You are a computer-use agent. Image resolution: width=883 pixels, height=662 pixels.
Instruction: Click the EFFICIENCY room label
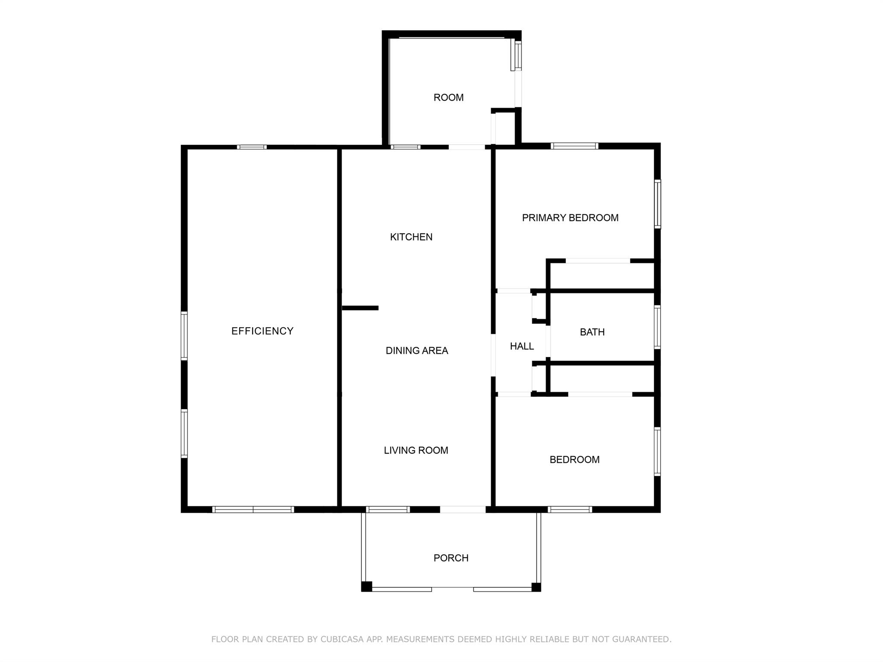pos(262,331)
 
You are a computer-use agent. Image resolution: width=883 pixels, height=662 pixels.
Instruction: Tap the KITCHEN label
pos(411,237)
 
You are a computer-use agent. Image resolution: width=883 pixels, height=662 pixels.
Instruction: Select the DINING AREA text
pos(416,351)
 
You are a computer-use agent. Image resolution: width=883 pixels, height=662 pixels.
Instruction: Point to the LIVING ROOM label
pos(416,450)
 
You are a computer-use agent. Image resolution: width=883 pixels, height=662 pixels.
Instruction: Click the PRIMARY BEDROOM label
pos(570,218)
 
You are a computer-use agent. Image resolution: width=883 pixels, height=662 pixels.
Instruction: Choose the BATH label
pos(592,332)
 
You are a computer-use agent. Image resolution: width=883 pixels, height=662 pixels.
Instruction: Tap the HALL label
pos(522,346)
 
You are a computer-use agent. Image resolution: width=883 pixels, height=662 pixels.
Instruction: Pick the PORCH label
pos(451,558)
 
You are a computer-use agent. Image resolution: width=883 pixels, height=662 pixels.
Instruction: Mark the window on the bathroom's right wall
pos(657,327)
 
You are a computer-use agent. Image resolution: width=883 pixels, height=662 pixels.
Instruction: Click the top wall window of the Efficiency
pos(252,147)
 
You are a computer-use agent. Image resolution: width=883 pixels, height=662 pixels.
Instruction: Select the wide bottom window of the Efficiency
pos(253,509)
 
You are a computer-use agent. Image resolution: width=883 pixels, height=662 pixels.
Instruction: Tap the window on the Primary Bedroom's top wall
pos(574,146)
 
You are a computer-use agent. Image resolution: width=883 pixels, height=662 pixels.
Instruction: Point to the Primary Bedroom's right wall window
pos(658,204)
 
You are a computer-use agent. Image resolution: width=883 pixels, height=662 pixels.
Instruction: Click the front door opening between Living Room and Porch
pos(463,509)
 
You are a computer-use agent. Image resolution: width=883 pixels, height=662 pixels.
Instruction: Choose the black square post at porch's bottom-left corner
pos(366,587)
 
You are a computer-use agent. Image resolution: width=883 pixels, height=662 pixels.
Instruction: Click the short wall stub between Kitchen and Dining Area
pos(360,308)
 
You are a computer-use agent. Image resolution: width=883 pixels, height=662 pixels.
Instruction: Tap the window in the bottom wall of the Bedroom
pos(570,509)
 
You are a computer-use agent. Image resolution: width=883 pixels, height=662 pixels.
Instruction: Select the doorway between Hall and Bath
pos(548,341)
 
